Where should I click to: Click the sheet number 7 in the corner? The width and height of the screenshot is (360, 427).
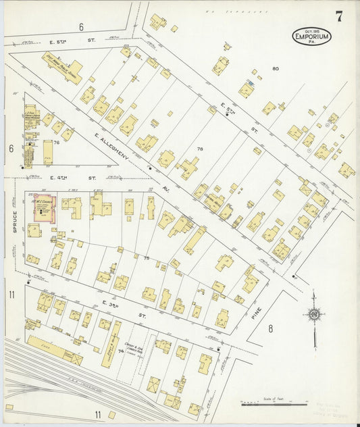[338, 17]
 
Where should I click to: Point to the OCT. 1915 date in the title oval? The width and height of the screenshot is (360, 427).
[312, 30]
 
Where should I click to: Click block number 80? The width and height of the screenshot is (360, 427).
[275, 69]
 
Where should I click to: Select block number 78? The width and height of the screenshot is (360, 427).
[199, 148]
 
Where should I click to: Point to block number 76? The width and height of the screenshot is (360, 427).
[57, 143]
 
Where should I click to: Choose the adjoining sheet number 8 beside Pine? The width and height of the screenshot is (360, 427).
[269, 329]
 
